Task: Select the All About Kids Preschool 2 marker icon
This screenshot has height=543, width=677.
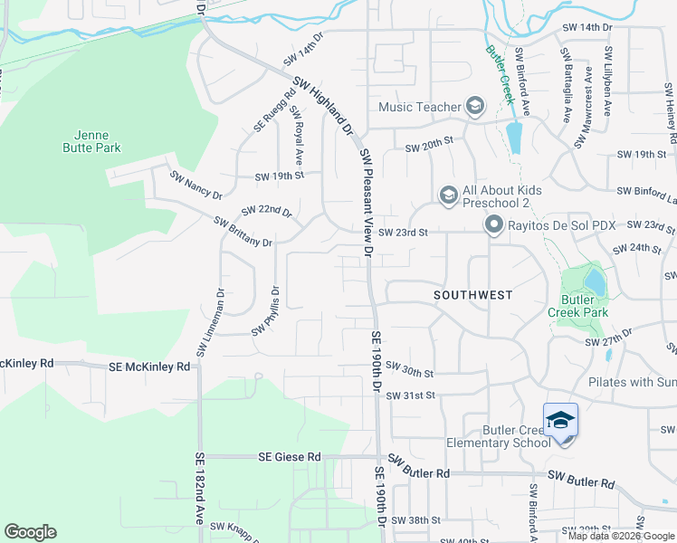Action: [448, 195]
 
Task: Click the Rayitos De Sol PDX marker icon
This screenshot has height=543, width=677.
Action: [493, 224]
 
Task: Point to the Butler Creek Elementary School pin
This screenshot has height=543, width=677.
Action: [560, 422]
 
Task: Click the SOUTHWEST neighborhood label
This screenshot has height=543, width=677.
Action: [472, 295]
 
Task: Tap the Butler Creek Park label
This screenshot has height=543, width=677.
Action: [577, 305]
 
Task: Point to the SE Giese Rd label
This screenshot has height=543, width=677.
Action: [290, 457]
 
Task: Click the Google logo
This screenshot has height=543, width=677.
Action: [31, 532]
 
